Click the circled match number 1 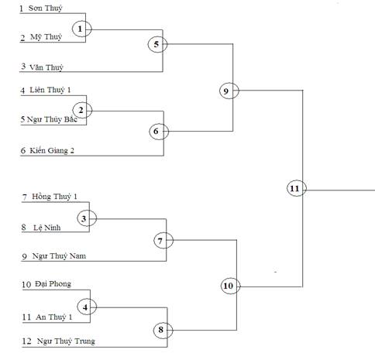81,29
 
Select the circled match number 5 157,44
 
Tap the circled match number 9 229,91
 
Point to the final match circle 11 297,188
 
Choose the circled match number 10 231,286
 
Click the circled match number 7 163,241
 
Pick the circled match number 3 87,218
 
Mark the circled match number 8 163,330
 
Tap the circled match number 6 159,132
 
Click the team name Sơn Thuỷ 46,9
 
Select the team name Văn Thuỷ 46,67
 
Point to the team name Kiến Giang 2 52,150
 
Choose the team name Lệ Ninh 47,228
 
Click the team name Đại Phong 53,284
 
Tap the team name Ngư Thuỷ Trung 66,341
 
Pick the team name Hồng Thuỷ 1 54,197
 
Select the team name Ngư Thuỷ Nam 59,256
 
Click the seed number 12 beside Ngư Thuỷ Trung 26,341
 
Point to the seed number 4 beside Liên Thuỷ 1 22,91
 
